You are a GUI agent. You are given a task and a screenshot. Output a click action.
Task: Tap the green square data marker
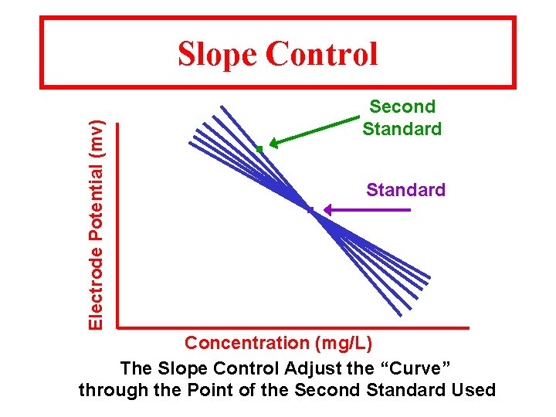click(260, 148)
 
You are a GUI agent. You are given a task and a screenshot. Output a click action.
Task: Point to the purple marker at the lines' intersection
click(310, 210)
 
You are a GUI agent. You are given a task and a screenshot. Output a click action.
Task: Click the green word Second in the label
click(402, 107)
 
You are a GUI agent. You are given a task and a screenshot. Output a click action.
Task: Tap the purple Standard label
click(405, 190)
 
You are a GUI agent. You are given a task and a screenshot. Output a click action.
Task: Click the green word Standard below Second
click(402, 129)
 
